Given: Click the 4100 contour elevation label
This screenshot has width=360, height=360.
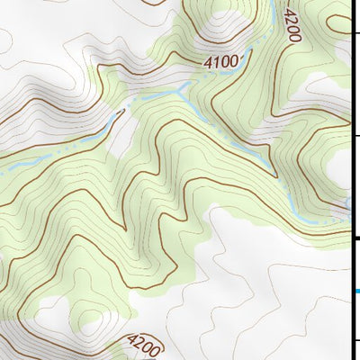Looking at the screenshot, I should (222, 62).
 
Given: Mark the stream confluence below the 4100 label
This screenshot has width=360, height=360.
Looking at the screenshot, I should (184, 88).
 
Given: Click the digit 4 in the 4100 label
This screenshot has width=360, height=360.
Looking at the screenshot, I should (209, 63).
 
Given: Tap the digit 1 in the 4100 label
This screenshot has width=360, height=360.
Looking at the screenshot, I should (218, 62).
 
